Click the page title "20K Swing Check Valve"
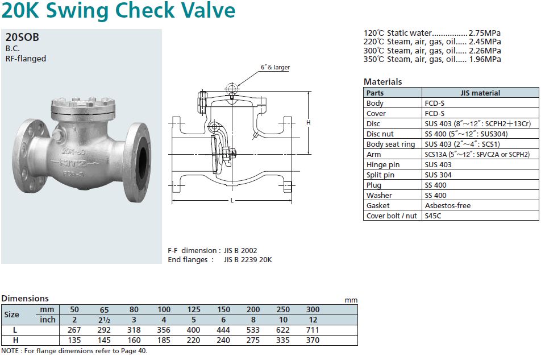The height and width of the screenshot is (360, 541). click(118, 11)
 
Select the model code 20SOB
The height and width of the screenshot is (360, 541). click(22, 38)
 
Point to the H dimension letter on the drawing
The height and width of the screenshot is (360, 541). click(308, 122)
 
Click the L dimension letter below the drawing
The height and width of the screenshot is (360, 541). click(233, 201)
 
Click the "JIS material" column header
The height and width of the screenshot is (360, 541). click(480, 93)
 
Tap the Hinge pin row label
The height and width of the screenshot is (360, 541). click(383, 165)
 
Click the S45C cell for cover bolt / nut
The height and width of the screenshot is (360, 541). click(434, 216)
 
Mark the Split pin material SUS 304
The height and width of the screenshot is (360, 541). click(438, 175)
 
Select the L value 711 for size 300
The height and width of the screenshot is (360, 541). click(312, 330)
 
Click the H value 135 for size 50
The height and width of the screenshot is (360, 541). click(74, 340)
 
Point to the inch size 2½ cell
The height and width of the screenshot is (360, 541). click(104, 320)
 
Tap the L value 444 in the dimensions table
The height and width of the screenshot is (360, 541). click(223, 330)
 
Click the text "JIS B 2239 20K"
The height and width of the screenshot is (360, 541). click(248, 260)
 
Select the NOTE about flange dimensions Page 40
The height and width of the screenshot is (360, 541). click(74, 351)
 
